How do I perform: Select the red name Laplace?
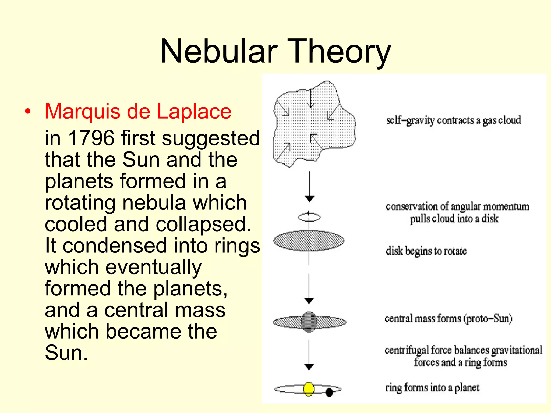(x=194, y=111)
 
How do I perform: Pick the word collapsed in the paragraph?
(x=203, y=224)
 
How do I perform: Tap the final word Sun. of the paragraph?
(x=66, y=353)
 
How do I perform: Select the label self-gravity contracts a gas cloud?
(x=453, y=120)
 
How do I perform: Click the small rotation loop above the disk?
(x=309, y=217)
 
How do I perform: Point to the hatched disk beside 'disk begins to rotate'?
(x=309, y=241)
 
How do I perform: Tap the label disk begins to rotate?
(x=426, y=251)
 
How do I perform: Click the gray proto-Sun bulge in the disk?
(x=309, y=322)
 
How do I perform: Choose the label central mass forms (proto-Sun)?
(x=448, y=319)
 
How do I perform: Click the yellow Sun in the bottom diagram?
(x=309, y=389)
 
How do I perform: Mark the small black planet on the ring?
(x=329, y=392)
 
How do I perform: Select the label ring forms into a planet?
(x=432, y=388)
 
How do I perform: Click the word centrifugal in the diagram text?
(x=407, y=350)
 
